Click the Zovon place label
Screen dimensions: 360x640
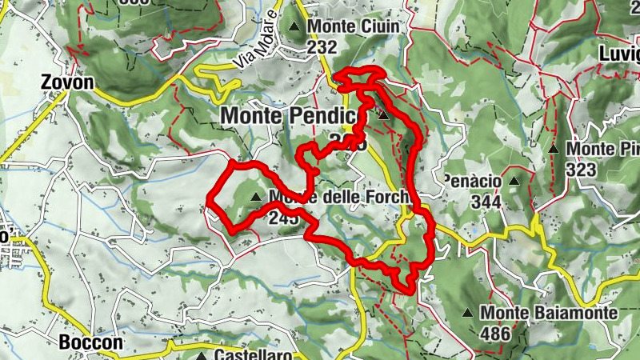click(67, 82)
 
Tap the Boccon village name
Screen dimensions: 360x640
click(91, 342)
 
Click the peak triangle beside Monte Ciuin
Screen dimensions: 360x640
click(296, 26)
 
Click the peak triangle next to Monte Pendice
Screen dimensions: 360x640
click(383, 115)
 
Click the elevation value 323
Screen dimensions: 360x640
click(580, 170)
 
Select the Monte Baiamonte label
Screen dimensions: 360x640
click(549, 313)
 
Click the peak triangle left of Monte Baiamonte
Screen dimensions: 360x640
click(467, 313)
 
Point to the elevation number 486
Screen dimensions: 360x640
click(495, 334)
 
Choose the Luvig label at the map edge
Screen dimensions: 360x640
click(619, 54)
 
